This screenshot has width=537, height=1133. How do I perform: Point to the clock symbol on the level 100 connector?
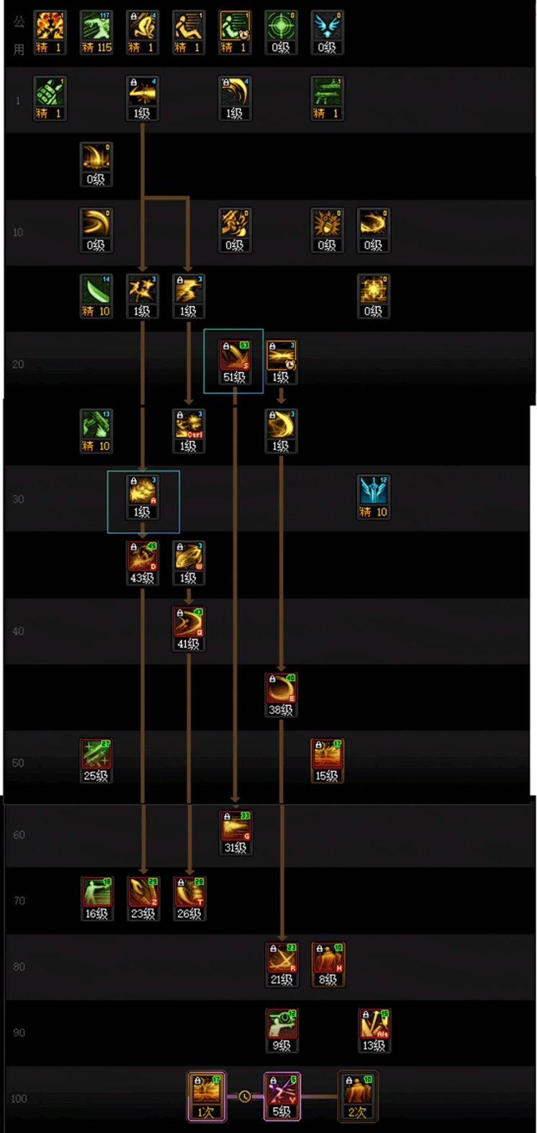tap(245, 1096)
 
